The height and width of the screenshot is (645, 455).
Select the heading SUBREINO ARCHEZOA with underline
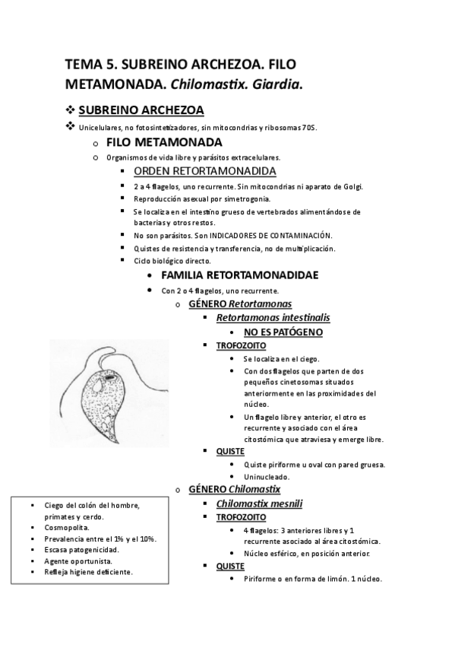tap(141, 110)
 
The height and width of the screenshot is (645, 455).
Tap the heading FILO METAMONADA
tap(164, 142)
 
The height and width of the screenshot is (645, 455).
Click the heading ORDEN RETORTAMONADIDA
tap(204, 171)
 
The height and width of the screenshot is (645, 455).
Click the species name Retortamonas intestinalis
tap(273, 317)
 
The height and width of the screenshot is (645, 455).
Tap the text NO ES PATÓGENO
tap(283, 332)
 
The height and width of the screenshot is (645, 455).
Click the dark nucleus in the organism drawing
tap(112, 377)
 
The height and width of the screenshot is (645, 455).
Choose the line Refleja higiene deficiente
tap(89, 571)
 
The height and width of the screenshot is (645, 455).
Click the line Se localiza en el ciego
tap(281, 358)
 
